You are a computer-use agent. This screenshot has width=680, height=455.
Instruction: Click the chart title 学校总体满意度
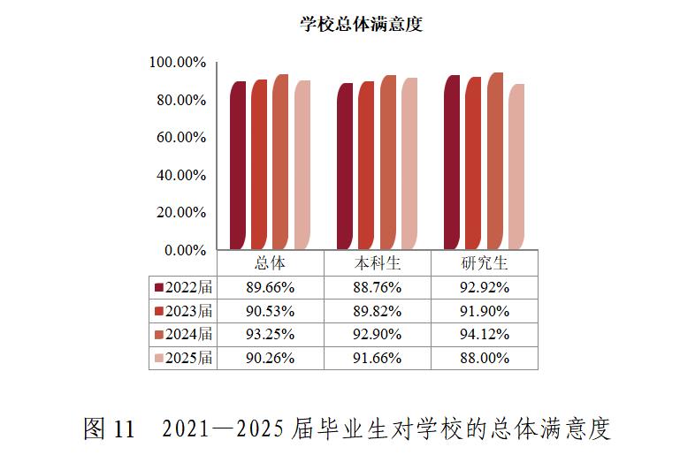[361, 24]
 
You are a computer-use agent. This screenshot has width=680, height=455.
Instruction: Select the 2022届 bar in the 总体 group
[238, 165]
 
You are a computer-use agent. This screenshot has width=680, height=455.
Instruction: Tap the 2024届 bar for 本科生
[388, 163]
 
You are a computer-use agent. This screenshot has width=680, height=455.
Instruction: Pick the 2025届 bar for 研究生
[516, 166]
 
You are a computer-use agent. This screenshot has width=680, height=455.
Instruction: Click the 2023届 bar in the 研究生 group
[473, 163]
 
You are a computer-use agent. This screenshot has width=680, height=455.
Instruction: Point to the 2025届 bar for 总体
[302, 164]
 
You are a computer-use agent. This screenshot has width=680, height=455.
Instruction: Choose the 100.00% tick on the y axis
[177, 63]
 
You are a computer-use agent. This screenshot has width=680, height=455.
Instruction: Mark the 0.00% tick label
[184, 250]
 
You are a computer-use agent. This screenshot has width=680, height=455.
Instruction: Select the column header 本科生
[378, 263]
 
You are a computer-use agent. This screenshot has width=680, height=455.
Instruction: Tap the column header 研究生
[485, 263]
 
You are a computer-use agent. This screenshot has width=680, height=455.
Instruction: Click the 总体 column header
[271, 263]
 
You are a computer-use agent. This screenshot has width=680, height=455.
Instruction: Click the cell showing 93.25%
[271, 334]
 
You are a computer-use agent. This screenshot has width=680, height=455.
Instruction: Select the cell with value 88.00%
[485, 358]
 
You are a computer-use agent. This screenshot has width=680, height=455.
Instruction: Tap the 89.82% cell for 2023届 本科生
[378, 311]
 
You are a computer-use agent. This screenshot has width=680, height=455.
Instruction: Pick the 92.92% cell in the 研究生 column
[485, 287]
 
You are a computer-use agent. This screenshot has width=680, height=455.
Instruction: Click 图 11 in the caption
[109, 429]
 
